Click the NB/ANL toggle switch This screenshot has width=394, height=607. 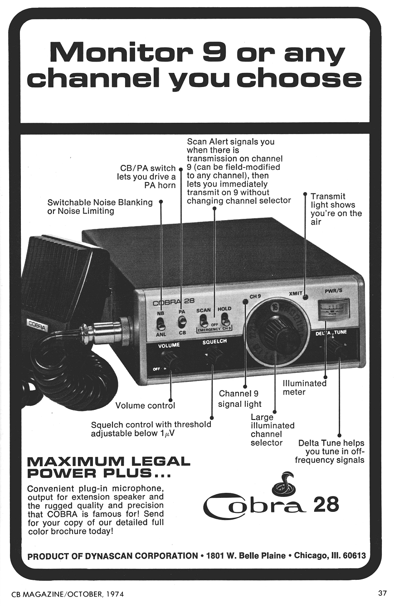pos(161,324)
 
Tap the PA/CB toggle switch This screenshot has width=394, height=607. pos(182,322)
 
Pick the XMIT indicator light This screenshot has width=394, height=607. pos(306,298)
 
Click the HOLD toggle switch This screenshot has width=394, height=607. pos(225,322)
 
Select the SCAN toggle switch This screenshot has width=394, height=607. pos(204,323)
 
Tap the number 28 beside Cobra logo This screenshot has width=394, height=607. pos(326,505)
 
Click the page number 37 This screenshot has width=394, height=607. pos(382,593)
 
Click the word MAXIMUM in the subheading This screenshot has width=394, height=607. pos(75,462)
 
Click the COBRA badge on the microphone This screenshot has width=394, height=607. pos(38,325)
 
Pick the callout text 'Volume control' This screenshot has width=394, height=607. pos(145,405)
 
